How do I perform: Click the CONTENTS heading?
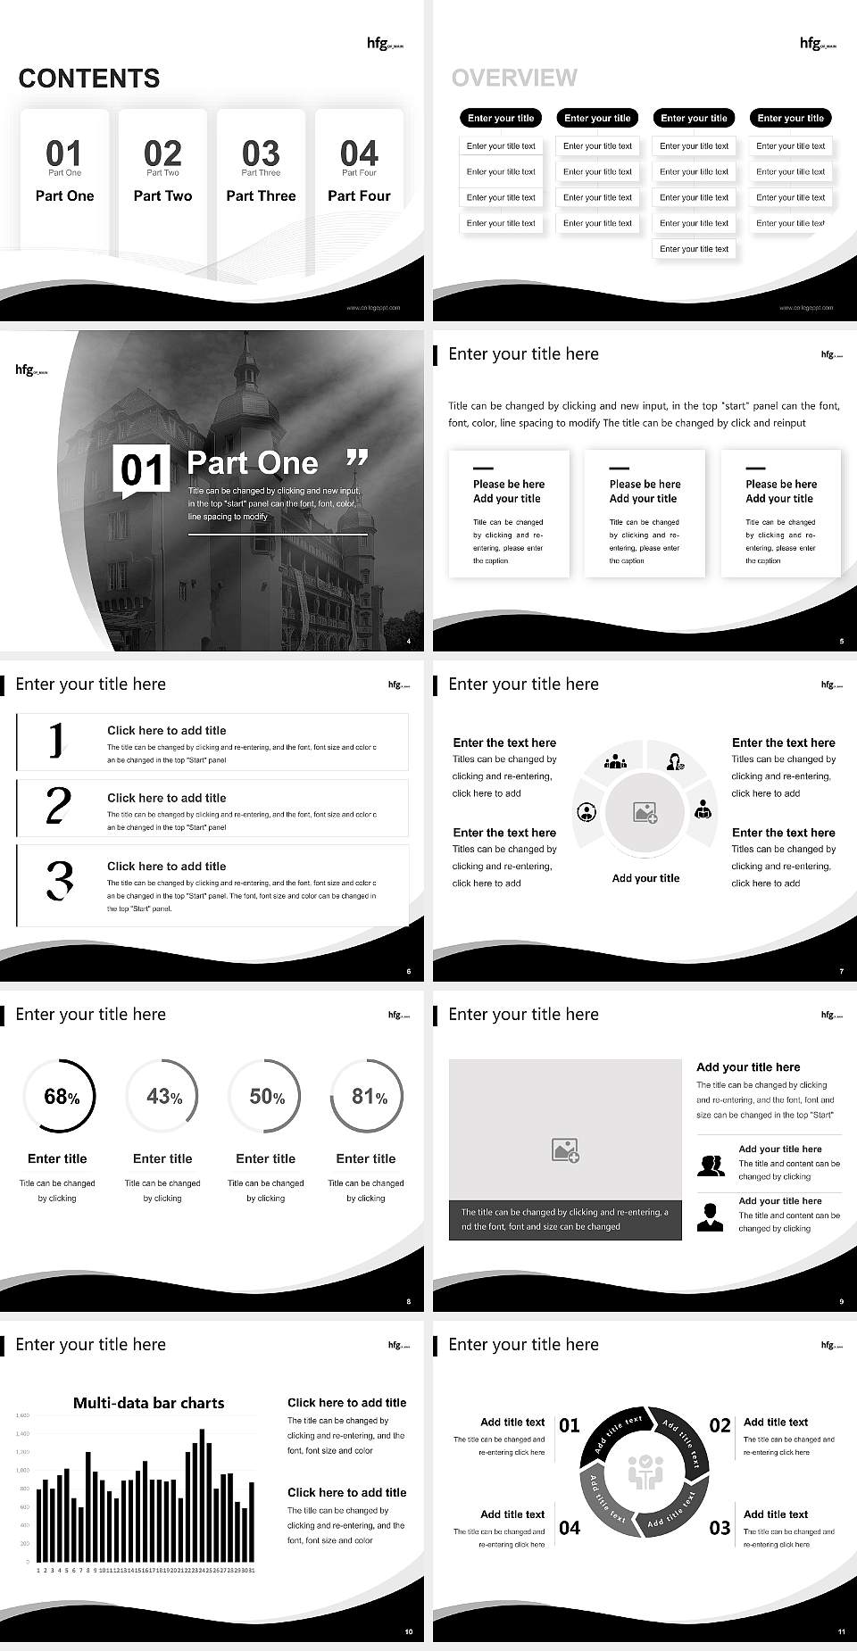tap(89, 79)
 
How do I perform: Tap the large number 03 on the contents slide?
tap(261, 153)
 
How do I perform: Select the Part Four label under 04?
tap(359, 195)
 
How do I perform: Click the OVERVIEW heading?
tap(514, 78)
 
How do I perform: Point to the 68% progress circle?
tap(59, 1096)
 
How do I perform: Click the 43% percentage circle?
tap(162, 1096)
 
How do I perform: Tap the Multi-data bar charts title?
tap(148, 1403)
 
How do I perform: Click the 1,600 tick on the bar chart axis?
tap(22, 1415)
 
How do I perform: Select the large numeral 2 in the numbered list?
tap(58, 806)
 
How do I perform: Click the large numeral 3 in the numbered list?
tap(59, 880)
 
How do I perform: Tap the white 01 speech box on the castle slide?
tap(142, 469)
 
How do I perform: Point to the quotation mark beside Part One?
tap(356, 459)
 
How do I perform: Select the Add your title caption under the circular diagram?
tap(645, 878)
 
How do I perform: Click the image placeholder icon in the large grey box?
tap(565, 1149)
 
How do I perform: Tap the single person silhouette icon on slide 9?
tap(711, 1217)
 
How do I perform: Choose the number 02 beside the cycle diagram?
tap(720, 1425)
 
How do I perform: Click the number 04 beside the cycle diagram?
tap(570, 1528)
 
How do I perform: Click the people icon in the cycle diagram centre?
tap(645, 1473)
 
